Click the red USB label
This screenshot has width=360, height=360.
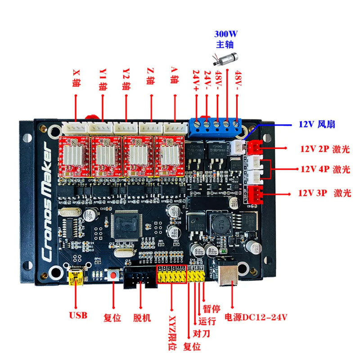[78, 315]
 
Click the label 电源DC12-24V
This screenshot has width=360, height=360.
[256, 317]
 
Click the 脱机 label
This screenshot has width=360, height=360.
[142, 318]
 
